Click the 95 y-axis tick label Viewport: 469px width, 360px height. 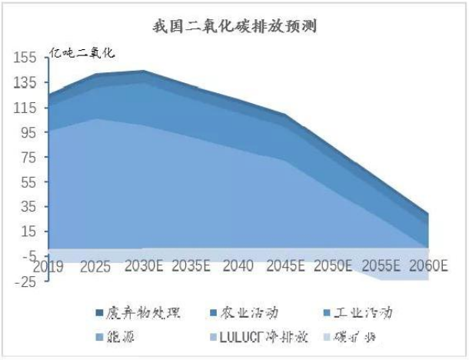[28, 133]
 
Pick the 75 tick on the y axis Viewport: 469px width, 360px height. [28, 158]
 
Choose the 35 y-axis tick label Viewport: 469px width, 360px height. [28, 207]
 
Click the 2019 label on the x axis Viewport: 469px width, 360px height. [48, 266]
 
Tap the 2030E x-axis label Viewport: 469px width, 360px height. [143, 266]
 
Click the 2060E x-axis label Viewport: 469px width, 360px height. [429, 266]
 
